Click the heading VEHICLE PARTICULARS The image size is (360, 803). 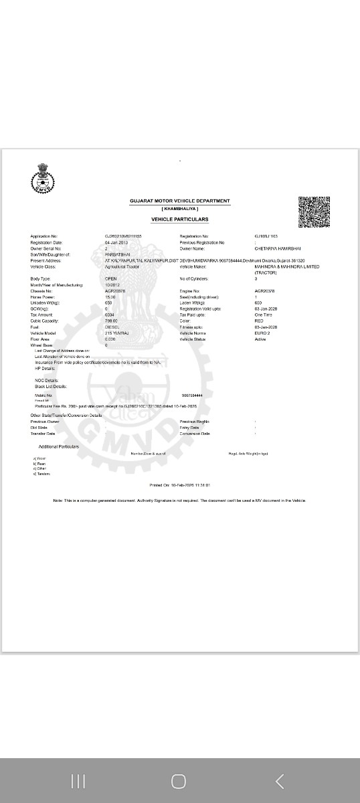[179, 219]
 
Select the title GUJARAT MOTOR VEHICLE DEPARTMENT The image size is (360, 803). [179, 201]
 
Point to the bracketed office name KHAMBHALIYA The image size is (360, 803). [179, 209]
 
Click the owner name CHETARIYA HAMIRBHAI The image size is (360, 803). [278, 248]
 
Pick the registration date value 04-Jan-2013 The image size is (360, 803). [117, 242]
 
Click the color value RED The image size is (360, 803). [259, 321]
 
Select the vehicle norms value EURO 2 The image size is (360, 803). [262, 333]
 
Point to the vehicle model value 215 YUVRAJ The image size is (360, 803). [116, 333]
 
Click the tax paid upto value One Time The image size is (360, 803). [263, 315]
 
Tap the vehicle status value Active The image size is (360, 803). [260, 339]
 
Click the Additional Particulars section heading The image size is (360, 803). [59, 446]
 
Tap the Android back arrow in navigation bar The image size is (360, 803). [280, 781]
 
